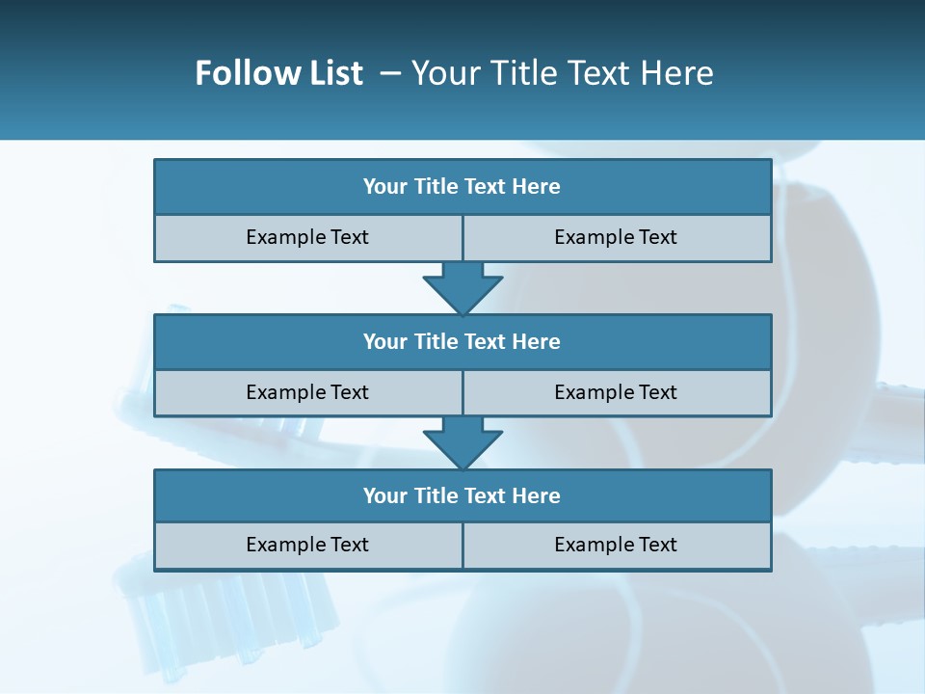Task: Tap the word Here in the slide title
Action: coord(678,73)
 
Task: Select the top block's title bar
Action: coord(462,187)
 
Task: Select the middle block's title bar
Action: coord(462,342)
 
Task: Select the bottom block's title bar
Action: coord(462,496)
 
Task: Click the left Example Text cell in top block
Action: coord(307,238)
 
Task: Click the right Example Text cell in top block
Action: coord(616,238)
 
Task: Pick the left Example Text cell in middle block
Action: coord(307,393)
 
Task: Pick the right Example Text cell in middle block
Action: coord(616,393)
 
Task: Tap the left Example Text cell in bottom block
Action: coord(307,546)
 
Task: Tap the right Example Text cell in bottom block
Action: coord(616,546)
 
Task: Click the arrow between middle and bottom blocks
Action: coord(462,441)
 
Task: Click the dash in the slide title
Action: coord(390,73)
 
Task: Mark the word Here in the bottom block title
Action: coord(537,496)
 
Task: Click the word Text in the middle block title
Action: coord(487,342)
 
